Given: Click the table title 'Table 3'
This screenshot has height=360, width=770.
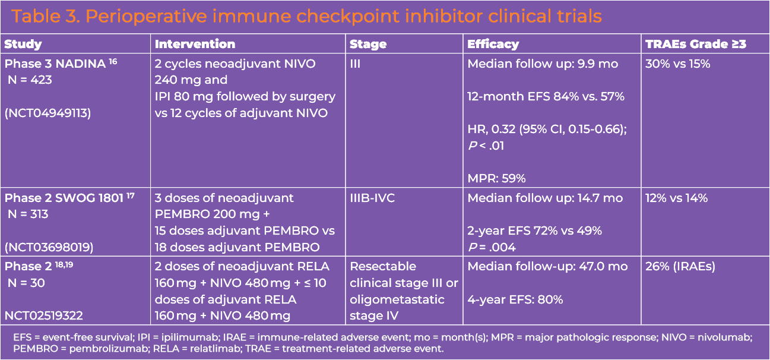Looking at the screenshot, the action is [46, 16].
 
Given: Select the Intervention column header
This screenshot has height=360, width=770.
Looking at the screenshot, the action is [195, 44].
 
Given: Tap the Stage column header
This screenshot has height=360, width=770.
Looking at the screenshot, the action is [368, 45].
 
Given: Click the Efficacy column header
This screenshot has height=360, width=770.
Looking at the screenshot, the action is [493, 44].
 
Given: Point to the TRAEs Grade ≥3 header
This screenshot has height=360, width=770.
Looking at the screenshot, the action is [696, 44].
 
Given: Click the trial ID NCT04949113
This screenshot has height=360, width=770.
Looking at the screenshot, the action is [47, 113].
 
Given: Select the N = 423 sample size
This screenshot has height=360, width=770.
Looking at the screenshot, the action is [30, 80].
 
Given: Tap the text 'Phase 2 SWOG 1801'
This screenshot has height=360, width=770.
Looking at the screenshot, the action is [64, 198].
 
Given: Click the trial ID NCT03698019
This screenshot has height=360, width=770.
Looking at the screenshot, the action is [49, 247].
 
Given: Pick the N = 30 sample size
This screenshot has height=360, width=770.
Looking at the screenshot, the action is [27, 283].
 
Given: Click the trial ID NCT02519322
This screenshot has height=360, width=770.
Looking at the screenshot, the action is [44, 315].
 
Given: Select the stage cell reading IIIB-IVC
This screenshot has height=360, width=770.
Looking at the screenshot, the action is [372, 198].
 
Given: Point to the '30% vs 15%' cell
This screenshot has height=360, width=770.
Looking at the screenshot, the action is [677, 64].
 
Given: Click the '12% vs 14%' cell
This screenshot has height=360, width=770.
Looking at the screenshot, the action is [677, 198].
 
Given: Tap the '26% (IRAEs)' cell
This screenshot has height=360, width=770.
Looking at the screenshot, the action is [680, 267].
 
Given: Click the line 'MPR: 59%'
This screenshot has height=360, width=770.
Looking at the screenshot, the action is [496, 178].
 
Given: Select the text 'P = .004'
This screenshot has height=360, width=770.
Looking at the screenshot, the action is [492, 247].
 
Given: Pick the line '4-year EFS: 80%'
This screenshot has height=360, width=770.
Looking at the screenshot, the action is [515, 299].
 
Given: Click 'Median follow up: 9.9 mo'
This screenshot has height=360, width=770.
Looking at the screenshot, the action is [543, 64].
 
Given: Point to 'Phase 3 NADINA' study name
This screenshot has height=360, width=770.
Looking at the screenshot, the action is [55, 64].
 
